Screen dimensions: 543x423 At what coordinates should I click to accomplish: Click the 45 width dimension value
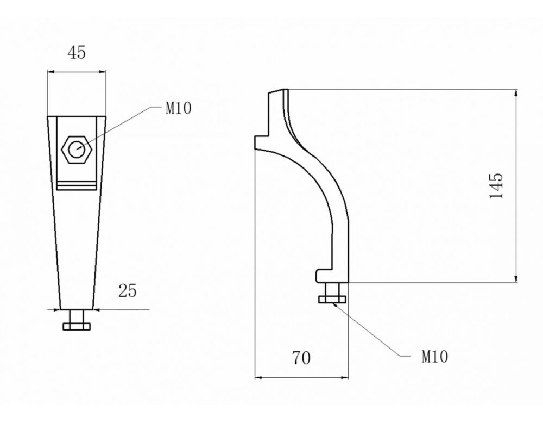76,52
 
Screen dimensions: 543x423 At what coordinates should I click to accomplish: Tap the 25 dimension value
128,290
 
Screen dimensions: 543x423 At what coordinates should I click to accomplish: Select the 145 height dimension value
496,185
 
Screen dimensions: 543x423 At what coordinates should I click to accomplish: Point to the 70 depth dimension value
301,358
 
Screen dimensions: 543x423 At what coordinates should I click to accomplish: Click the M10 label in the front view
178,109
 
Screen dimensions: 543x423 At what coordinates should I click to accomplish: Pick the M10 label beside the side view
434,357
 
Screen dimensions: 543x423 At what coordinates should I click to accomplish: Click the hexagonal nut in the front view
77,150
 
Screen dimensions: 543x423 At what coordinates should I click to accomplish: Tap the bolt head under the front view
77,326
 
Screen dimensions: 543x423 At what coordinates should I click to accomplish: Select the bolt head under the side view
332,299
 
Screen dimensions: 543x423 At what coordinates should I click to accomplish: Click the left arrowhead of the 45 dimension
51,72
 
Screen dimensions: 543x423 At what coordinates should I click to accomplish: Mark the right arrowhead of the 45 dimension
102,72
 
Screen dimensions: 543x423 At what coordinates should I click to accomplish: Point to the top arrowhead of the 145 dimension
516,93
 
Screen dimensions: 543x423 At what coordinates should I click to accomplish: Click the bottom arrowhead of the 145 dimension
516,278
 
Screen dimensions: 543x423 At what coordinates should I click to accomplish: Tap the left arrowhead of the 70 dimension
258,377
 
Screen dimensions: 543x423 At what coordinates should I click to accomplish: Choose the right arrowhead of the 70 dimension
344,377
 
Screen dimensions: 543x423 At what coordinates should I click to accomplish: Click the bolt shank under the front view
77,316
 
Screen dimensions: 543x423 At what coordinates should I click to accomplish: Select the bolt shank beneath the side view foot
332,289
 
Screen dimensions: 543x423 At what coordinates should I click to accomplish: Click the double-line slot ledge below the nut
77,185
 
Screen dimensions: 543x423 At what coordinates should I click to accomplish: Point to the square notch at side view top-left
262,142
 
